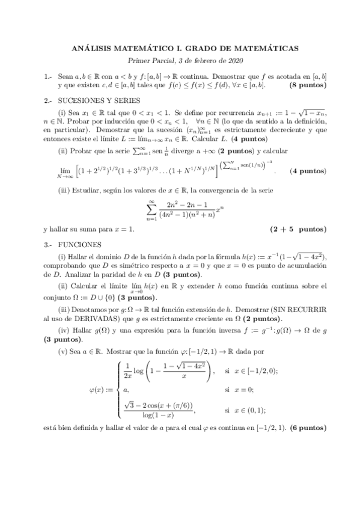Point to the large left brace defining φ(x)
pyautogui.click(x=115, y=389)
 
